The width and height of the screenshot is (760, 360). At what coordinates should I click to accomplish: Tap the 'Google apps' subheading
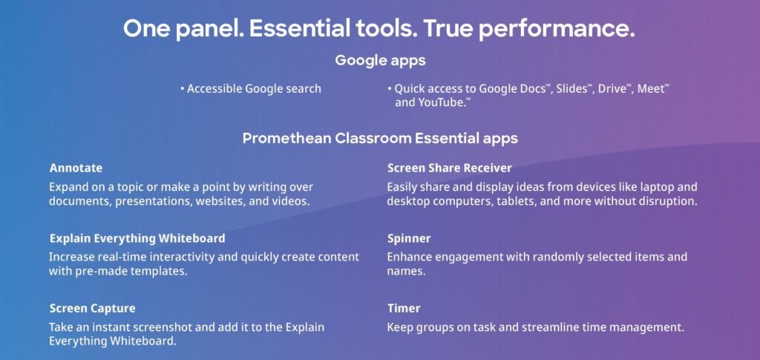click(x=380, y=61)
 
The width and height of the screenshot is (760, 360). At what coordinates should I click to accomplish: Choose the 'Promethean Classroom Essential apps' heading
click(x=380, y=138)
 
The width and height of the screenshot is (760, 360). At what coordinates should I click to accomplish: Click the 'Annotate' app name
click(x=76, y=168)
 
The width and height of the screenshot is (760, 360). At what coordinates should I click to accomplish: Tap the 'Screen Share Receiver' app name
click(x=449, y=168)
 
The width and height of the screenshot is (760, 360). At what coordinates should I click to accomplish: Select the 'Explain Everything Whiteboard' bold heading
click(x=137, y=238)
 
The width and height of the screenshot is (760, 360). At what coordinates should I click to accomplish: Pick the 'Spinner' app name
click(x=409, y=239)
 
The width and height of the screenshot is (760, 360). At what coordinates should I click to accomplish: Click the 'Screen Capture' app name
click(x=92, y=308)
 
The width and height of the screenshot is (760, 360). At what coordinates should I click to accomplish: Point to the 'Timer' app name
click(x=404, y=308)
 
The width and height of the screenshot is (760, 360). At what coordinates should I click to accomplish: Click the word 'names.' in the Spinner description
click(x=406, y=272)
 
